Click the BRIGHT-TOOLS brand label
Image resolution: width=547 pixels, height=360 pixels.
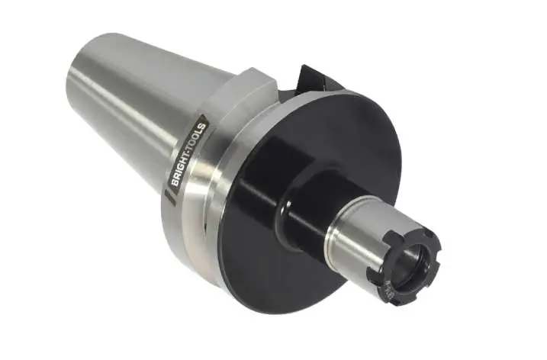point(188,156)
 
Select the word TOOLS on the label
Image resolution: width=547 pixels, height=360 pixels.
point(195,139)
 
